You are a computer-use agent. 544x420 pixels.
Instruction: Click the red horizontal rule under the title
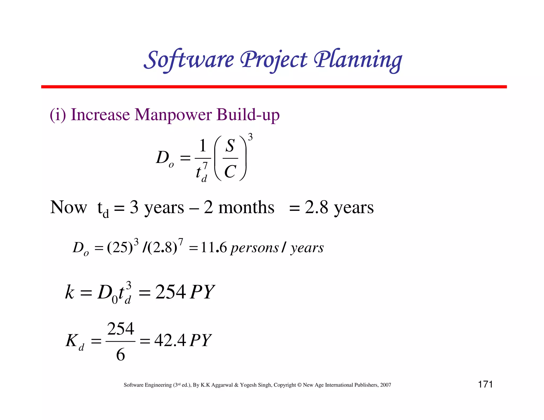[x=274, y=87]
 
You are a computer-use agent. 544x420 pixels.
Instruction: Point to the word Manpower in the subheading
[x=173, y=115]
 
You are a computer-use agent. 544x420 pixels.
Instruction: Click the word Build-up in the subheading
[x=248, y=115]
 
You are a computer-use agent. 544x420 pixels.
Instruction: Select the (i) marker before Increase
[x=58, y=115]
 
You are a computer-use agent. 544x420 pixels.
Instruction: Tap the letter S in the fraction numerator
[x=230, y=146]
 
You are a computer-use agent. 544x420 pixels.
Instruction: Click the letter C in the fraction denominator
[x=230, y=171]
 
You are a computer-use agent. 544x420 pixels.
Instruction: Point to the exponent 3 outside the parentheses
[x=250, y=137]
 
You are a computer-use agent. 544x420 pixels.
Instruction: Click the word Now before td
[x=69, y=207]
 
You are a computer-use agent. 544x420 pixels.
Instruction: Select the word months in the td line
[x=246, y=207]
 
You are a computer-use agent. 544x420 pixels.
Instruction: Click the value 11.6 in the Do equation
[x=214, y=248]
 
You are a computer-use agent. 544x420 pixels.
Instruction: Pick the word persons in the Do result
[x=254, y=248]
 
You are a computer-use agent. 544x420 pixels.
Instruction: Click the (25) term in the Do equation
[x=120, y=248]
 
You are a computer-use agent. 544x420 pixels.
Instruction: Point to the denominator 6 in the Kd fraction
[x=120, y=354]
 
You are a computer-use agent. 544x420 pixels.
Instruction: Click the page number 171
[x=485, y=384]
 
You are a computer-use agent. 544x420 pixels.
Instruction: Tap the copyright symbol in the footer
[x=299, y=385]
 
